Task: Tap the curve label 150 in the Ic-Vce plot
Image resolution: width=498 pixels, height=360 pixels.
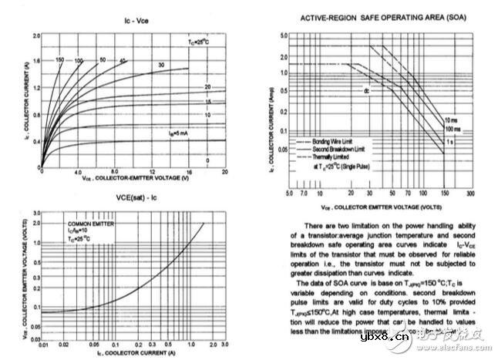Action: point(60,59)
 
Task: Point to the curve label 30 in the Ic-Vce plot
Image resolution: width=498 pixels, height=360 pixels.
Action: point(160,65)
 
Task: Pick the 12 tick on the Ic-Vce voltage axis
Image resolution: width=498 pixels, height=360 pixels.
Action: point(151,172)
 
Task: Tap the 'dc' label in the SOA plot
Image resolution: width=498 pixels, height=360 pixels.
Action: point(368,90)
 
